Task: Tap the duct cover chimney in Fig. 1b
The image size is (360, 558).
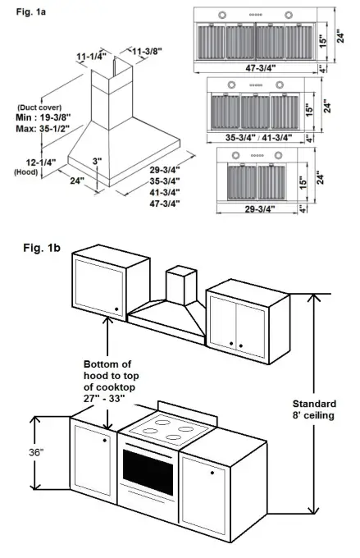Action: coord(179,287)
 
